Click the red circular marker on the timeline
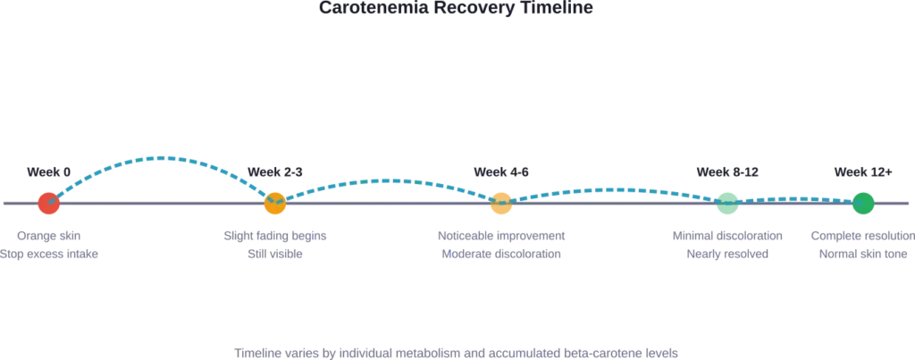[x=49, y=204]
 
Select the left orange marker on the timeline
[x=275, y=204]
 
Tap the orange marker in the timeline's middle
[x=500, y=204]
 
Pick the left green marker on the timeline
[x=728, y=204]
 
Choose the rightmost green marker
[x=862, y=204]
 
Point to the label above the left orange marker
[x=275, y=171]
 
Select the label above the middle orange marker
[x=500, y=171]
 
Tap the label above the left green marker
[x=728, y=171]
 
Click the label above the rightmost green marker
[x=861, y=171]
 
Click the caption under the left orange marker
[x=275, y=246]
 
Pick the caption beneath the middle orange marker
[x=502, y=246]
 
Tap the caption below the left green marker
[x=728, y=246]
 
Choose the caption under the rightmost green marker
[x=862, y=246]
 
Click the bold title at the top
[x=457, y=8]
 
